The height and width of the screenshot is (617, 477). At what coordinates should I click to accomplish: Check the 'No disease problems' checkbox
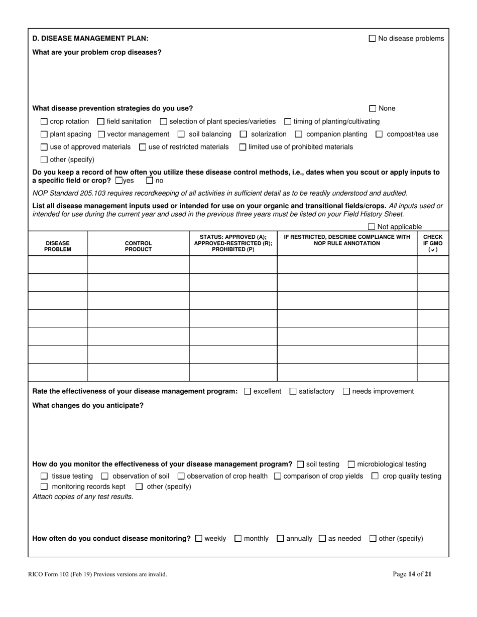pyautogui.click(x=372, y=39)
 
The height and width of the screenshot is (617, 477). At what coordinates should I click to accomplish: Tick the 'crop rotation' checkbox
pyautogui.click(x=44, y=121)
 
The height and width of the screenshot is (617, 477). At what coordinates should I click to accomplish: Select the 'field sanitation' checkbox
pyautogui.click(x=100, y=121)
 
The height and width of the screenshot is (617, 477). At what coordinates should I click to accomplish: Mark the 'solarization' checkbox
pyautogui.click(x=244, y=134)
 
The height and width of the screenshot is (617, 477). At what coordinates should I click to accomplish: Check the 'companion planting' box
pyautogui.click(x=299, y=134)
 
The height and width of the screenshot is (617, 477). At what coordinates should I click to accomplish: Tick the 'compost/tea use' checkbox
pyautogui.click(x=379, y=134)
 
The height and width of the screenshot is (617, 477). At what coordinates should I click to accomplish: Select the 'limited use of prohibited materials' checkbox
pyautogui.click(x=243, y=147)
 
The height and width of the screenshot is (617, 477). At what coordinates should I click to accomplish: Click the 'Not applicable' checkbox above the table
pyautogui.click(x=372, y=227)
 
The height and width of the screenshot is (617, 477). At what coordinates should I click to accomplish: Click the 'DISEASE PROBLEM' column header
pyautogui.click(x=57, y=246)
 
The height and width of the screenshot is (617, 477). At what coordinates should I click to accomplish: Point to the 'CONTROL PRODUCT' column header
pyautogui.click(x=138, y=246)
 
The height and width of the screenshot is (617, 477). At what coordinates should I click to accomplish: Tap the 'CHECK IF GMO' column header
pyautogui.click(x=432, y=243)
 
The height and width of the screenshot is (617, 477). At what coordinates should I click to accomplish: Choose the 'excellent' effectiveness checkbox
pyautogui.click(x=247, y=391)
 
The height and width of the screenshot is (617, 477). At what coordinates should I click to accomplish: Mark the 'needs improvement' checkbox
pyautogui.click(x=346, y=391)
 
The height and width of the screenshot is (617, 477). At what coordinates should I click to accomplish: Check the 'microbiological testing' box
pyautogui.click(x=351, y=465)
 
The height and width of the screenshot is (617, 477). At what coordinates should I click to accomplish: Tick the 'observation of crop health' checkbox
pyautogui.click(x=181, y=476)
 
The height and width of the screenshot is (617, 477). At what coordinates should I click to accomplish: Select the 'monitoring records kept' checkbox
pyautogui.click(x=44, y=487)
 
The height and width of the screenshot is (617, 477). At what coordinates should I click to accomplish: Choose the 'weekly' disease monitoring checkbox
pyautogui.click(x=198, y=539)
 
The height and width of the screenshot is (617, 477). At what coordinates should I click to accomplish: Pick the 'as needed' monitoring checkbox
pyautogui.click(x=322, y=539)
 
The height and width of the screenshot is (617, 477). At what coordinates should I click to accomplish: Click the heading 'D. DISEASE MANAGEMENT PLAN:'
pyautogui.click(x=90, y=39)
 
